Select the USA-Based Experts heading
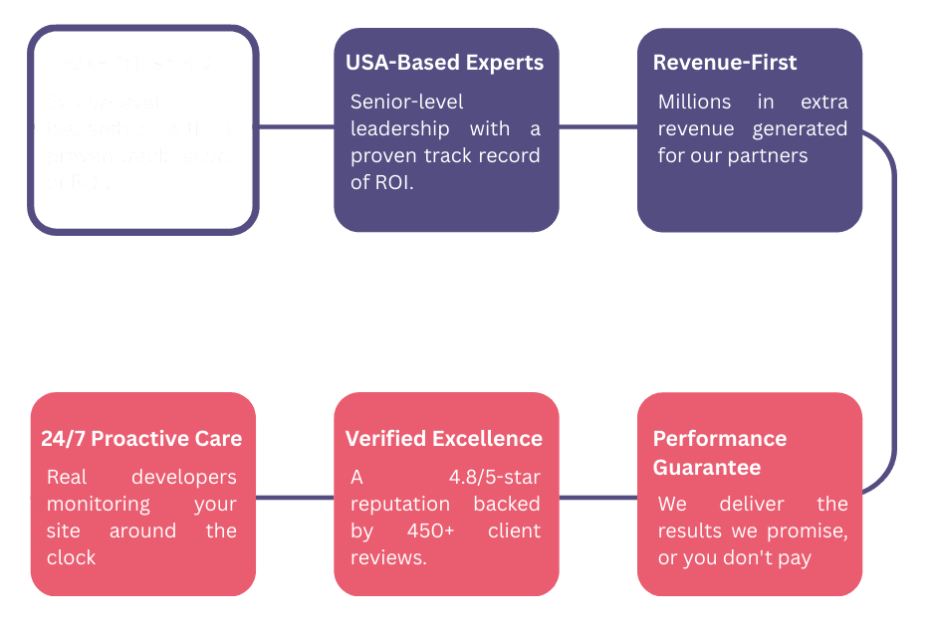444,63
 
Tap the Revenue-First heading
725,63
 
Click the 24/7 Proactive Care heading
141,439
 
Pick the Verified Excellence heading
444,439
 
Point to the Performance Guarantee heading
720,453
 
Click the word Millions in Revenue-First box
694,102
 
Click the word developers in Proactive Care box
184,478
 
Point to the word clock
72,557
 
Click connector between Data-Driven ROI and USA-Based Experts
297,127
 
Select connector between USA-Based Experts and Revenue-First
597,127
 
